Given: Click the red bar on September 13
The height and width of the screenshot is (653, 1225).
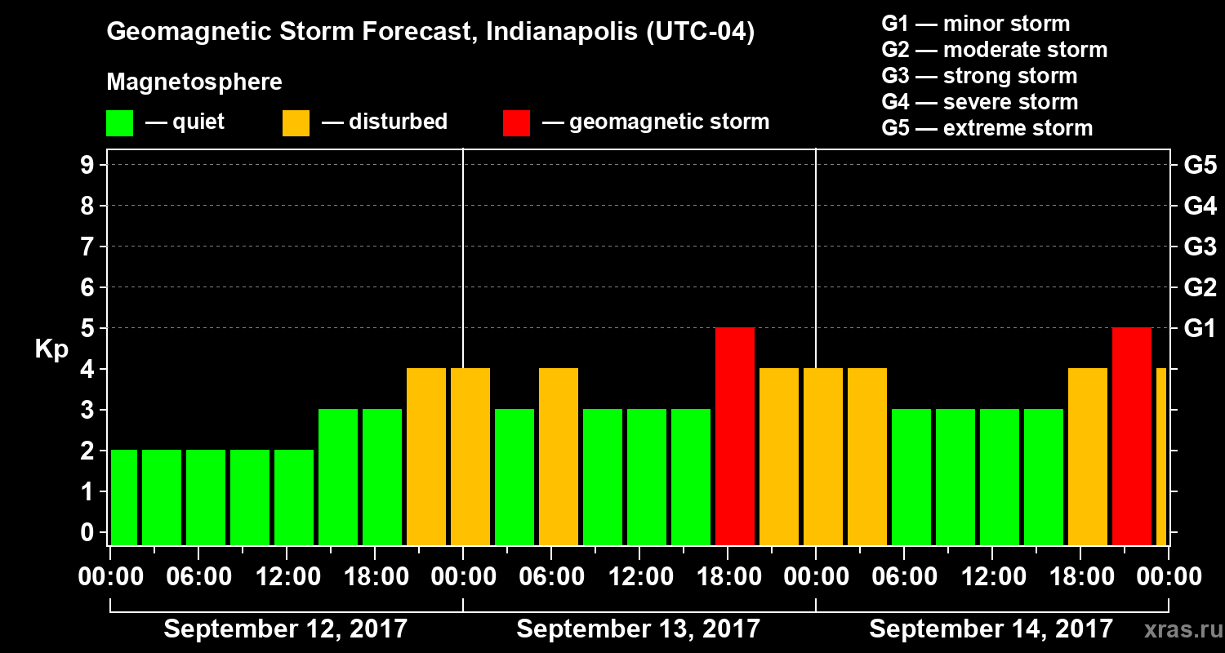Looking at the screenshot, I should point(734,436).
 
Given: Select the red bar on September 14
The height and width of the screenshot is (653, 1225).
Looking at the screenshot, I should point(1131,436).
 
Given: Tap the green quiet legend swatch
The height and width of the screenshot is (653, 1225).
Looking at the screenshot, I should point(119,122).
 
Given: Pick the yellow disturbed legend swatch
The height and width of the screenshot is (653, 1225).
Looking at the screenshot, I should point(296,122).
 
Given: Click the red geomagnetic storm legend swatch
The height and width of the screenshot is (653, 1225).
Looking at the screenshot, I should point(516,122).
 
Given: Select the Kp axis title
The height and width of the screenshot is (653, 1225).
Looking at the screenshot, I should point(51,349).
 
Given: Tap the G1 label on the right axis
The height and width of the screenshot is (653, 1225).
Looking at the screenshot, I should point(1200,329).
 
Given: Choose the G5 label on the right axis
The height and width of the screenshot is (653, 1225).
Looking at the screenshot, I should point(1200,166).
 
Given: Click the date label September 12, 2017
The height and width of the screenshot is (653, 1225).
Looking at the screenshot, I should point(286,629).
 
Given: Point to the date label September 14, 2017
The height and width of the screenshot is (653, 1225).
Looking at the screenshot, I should point(991,629).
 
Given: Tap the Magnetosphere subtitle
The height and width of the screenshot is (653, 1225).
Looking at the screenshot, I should point(194,82).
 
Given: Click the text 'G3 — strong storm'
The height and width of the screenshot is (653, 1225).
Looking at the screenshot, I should point(979,76).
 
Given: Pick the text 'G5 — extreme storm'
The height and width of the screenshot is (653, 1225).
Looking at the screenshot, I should point(987,128).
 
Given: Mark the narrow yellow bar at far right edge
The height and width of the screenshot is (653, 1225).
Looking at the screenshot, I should point(1161,456).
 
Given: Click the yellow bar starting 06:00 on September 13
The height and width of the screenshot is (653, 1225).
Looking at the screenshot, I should point(558,456).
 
